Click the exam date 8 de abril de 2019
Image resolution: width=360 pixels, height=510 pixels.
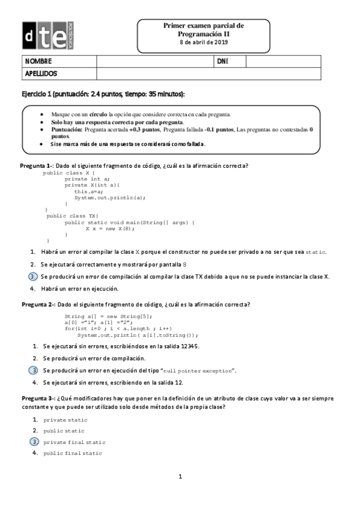[204, 43]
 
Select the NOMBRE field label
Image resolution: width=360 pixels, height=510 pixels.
[38, 61]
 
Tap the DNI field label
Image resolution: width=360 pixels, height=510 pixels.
[222, 61]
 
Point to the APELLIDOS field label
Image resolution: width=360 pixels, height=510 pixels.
[41, 73]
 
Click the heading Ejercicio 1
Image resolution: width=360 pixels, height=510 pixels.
[103, 95]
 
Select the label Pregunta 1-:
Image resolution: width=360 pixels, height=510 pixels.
[37, 165]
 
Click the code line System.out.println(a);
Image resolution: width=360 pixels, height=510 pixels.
[110, 197]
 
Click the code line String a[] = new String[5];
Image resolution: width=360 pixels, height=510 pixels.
[108, 316]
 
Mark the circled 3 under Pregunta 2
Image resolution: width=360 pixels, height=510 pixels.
[34, 370]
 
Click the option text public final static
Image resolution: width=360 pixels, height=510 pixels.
[73, 453]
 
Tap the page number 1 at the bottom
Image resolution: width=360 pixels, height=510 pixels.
[180, 477]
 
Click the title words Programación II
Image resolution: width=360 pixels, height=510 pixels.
[204, 34]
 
